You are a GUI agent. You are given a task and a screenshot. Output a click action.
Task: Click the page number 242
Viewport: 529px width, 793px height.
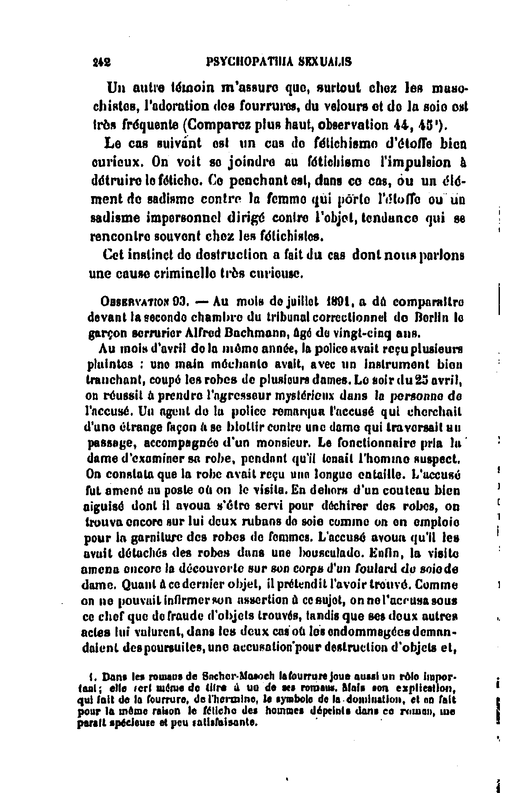[101, 62]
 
